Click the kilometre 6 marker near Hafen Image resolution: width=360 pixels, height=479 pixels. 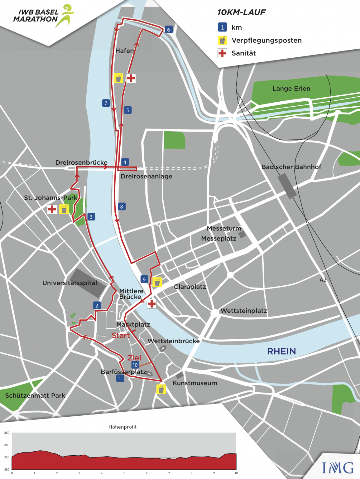click(169, 30)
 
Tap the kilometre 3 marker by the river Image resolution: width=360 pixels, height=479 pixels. click(91, 217)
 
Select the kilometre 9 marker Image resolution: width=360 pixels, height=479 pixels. click(144, 279)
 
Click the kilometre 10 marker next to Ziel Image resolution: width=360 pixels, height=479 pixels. click(135, 365)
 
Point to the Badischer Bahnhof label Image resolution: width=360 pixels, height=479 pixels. click(291, 167)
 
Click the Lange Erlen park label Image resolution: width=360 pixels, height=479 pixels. click(291, 89)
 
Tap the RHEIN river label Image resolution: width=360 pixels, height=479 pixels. click(281, 351)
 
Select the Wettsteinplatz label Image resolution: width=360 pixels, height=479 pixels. click(244, 311)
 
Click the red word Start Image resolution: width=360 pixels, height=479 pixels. click(121, 336)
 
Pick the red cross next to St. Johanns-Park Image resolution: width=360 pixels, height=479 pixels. click(52, 209)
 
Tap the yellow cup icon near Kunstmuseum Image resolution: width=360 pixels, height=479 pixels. click(161, 389)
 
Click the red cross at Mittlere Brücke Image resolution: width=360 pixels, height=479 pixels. click(152, 303)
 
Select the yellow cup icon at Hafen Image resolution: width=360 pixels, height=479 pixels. click(118, 78)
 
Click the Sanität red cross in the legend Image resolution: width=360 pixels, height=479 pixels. click(222, 53)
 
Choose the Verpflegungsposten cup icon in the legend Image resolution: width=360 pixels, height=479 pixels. click(222, 40)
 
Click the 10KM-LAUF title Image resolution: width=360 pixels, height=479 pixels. click(241, 12)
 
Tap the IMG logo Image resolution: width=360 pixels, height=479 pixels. click(338, 468)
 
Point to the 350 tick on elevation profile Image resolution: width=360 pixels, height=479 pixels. click(7, 433)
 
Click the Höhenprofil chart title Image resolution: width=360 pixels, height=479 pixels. click(122, 427)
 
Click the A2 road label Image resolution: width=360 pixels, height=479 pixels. click(323, 280)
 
